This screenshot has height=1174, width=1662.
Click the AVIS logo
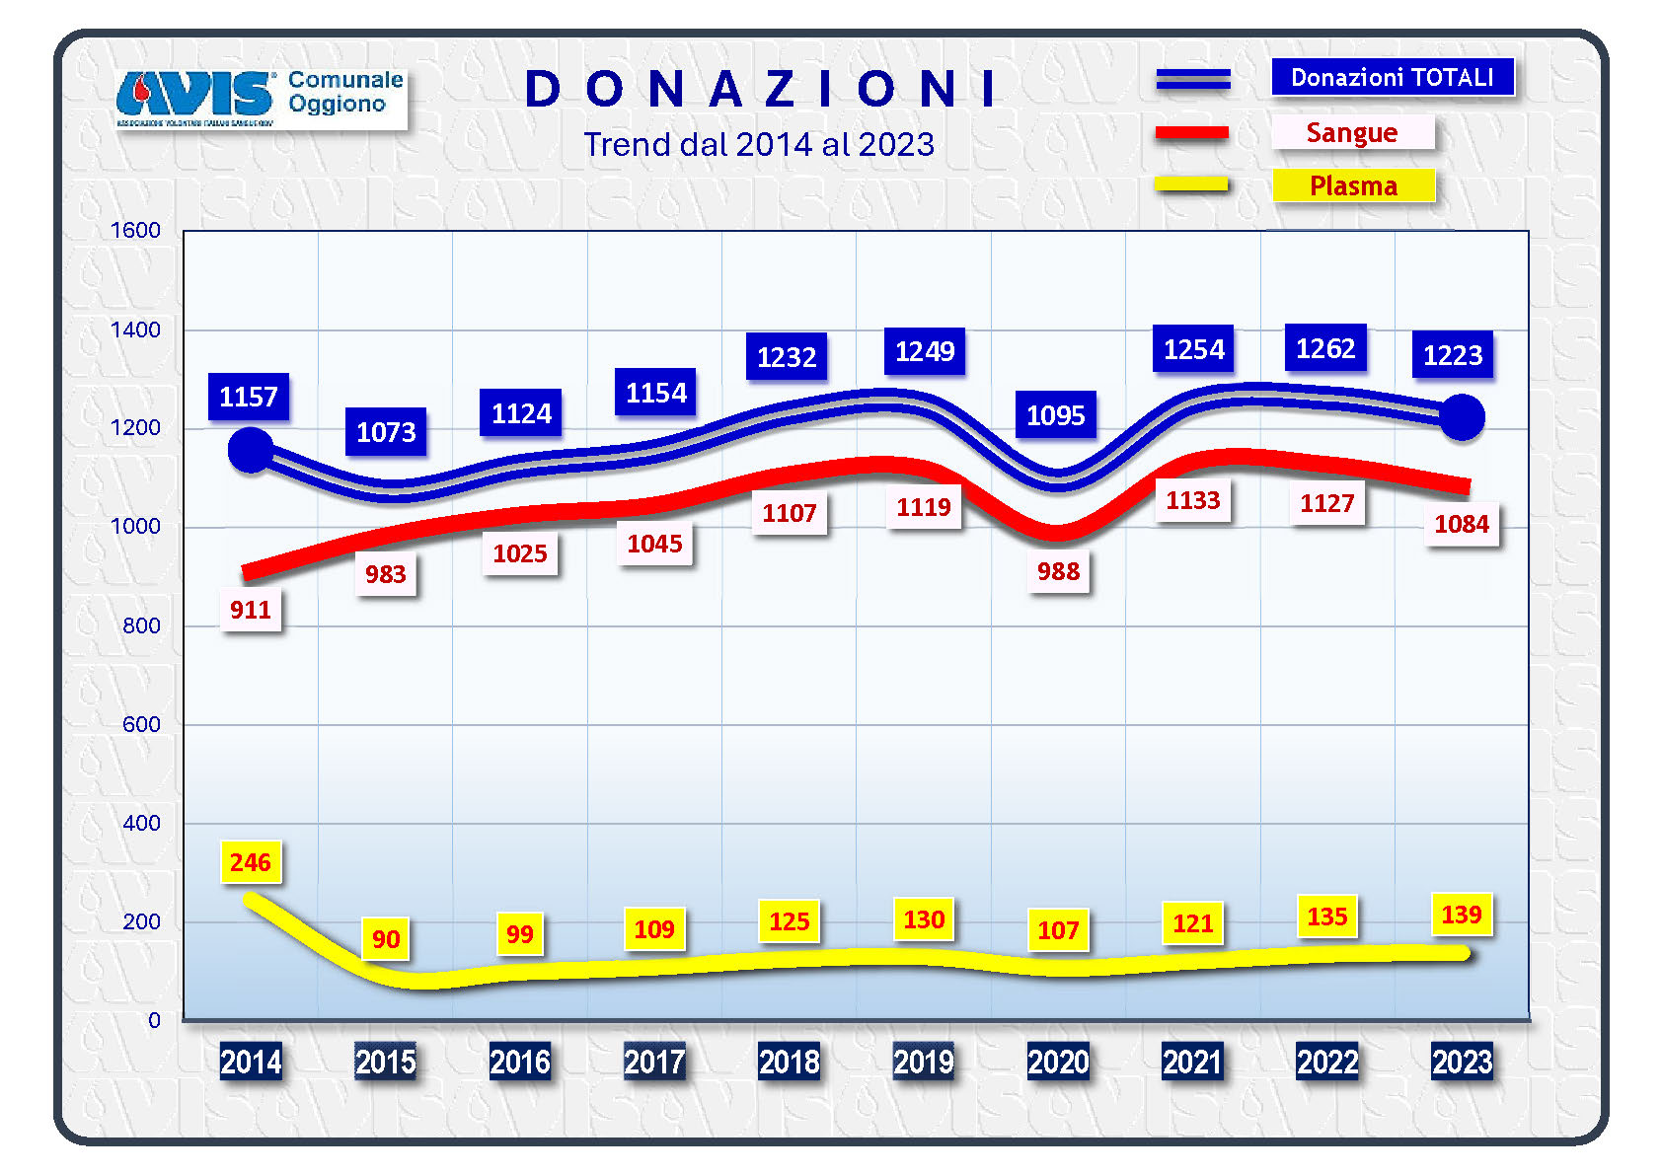(x=195, y=96)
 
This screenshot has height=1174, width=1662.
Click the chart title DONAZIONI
(x=761, y=89)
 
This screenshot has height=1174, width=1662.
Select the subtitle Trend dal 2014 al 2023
(x=758, y=145)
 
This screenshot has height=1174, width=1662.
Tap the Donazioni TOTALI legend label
(x=1392, y=77)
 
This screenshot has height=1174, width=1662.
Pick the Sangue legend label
(x=1351, y=132)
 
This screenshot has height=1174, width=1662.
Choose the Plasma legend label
(x=1353, y=185)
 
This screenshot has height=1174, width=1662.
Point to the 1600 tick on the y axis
(x=135, y=231)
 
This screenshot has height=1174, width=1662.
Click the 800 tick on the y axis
(x=141, y=625)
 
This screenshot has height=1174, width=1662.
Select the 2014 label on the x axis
(x=251, y=1062)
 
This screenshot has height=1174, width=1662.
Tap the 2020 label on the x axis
(x=1058, y=1062)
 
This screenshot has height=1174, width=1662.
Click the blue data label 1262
(x=1325, y=348)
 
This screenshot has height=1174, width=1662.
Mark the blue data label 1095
(x=1055, y=415)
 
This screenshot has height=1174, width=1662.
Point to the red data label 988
(x=1058, y=571)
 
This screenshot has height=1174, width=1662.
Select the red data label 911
(x=250, y=610)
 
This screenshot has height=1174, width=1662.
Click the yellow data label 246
(x=250, y=863)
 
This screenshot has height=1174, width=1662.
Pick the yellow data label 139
(x=1461, y=915)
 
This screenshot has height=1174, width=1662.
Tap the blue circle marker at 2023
(x=1462, y=417)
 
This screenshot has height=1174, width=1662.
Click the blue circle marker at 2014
(x=251, y=450)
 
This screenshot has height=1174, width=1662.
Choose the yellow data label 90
(x=386, y=939)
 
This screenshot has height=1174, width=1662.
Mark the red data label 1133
(x=1192, y=501)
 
